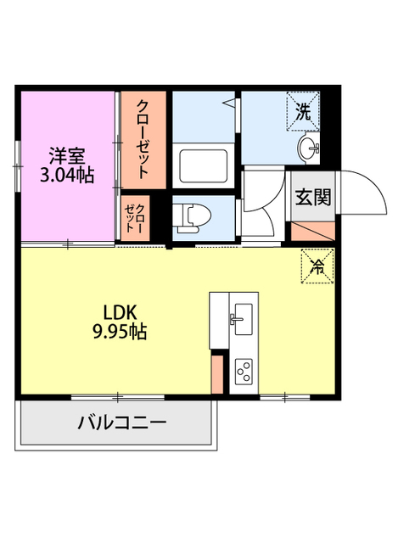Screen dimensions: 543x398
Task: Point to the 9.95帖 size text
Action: coord(120,332)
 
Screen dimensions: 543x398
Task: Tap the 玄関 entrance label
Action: coord(313,198)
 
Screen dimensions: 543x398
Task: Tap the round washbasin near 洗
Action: coord(308,150)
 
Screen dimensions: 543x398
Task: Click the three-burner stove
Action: coord(244,372)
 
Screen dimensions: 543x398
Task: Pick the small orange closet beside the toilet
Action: coord(134,218)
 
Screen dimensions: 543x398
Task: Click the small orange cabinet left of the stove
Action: coord(217,373)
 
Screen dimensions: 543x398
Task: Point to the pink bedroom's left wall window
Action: coord(17,165)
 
